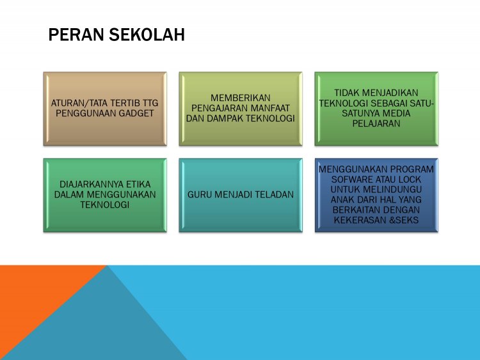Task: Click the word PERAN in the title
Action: [73, 35]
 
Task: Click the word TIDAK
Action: [349, 93]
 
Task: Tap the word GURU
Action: [201, 194]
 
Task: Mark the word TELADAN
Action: [273, 194]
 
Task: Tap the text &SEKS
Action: [404, 220]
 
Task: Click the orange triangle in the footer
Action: [32, 294]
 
